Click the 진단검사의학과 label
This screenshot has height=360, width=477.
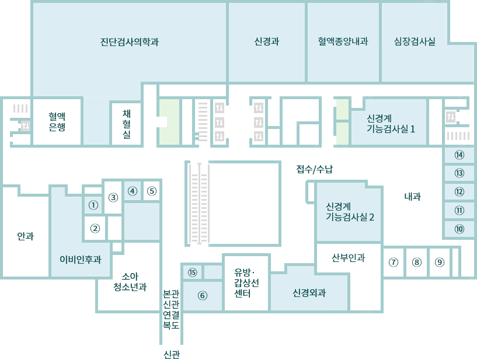coord(130,41)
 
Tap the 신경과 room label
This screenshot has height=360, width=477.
coord(267,41)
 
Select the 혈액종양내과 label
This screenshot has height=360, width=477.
coord(343,41)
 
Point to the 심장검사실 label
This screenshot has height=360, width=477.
coord(415,41)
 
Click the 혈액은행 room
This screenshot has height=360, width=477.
coord(57,121)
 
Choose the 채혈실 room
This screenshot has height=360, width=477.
coord(127,124)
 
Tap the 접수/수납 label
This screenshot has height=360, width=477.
coord(315,169)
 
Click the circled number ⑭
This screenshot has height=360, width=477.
coord(459,155)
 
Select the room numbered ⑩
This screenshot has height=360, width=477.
coord(459,229)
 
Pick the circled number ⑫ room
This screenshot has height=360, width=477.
coord(459,192)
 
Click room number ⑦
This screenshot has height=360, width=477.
coord(394,262)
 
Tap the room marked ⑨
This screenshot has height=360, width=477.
coord(440,262)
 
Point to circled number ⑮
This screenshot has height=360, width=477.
coord(192,272)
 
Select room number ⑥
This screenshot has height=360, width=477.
coord(202,295)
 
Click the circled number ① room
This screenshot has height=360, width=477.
coord(93,205)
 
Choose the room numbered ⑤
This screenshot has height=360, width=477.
coord(152,191)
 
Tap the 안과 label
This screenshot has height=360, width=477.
coord(26,236)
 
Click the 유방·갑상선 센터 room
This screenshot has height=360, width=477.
coord(246,283)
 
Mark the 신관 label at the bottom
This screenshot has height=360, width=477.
coord(172,355)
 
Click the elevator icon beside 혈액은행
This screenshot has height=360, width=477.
coord(26,125)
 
